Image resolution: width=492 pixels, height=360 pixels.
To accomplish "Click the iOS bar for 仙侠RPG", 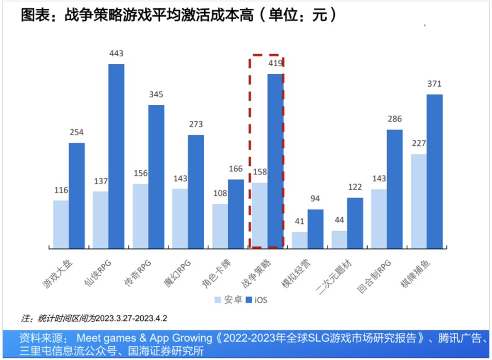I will point(116,156).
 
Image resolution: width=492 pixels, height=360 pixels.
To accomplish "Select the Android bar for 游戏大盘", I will point(61,224).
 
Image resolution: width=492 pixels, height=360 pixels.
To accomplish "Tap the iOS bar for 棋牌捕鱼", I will point(434,171).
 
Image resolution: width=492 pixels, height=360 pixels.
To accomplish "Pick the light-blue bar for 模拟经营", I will point(299,240).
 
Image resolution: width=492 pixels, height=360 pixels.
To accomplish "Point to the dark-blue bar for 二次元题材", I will point(355,223).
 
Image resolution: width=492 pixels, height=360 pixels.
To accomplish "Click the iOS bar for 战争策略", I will point(275,161).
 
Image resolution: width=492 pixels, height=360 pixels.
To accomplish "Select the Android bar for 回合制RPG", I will point(379,219).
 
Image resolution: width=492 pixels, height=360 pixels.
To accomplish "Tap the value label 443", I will point(116,54).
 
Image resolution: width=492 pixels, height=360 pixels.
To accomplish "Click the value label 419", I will point(275,64).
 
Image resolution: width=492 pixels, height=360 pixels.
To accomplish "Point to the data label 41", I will point(299,222).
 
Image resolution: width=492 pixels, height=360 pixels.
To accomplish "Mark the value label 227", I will point(418,144).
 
